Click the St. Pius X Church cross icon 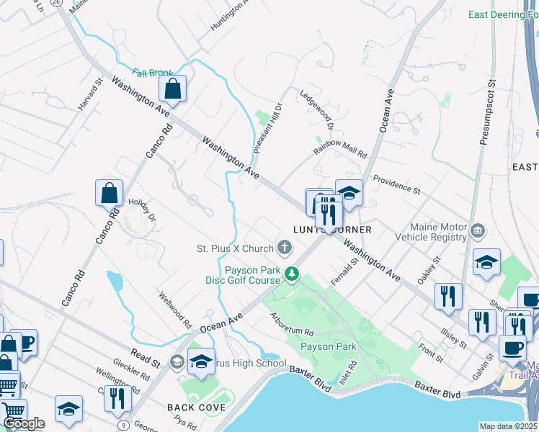point(285,248)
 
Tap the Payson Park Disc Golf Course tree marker point(292,274)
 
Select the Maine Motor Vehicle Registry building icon point(477,232)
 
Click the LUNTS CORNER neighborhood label point(332,230)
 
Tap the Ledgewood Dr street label point(317,110)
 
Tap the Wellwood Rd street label point(175,307)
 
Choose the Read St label point(146,356)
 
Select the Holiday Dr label point(142,208)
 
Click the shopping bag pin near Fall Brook point(173,89)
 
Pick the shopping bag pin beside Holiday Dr point(110,193)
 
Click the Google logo point(24,423)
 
